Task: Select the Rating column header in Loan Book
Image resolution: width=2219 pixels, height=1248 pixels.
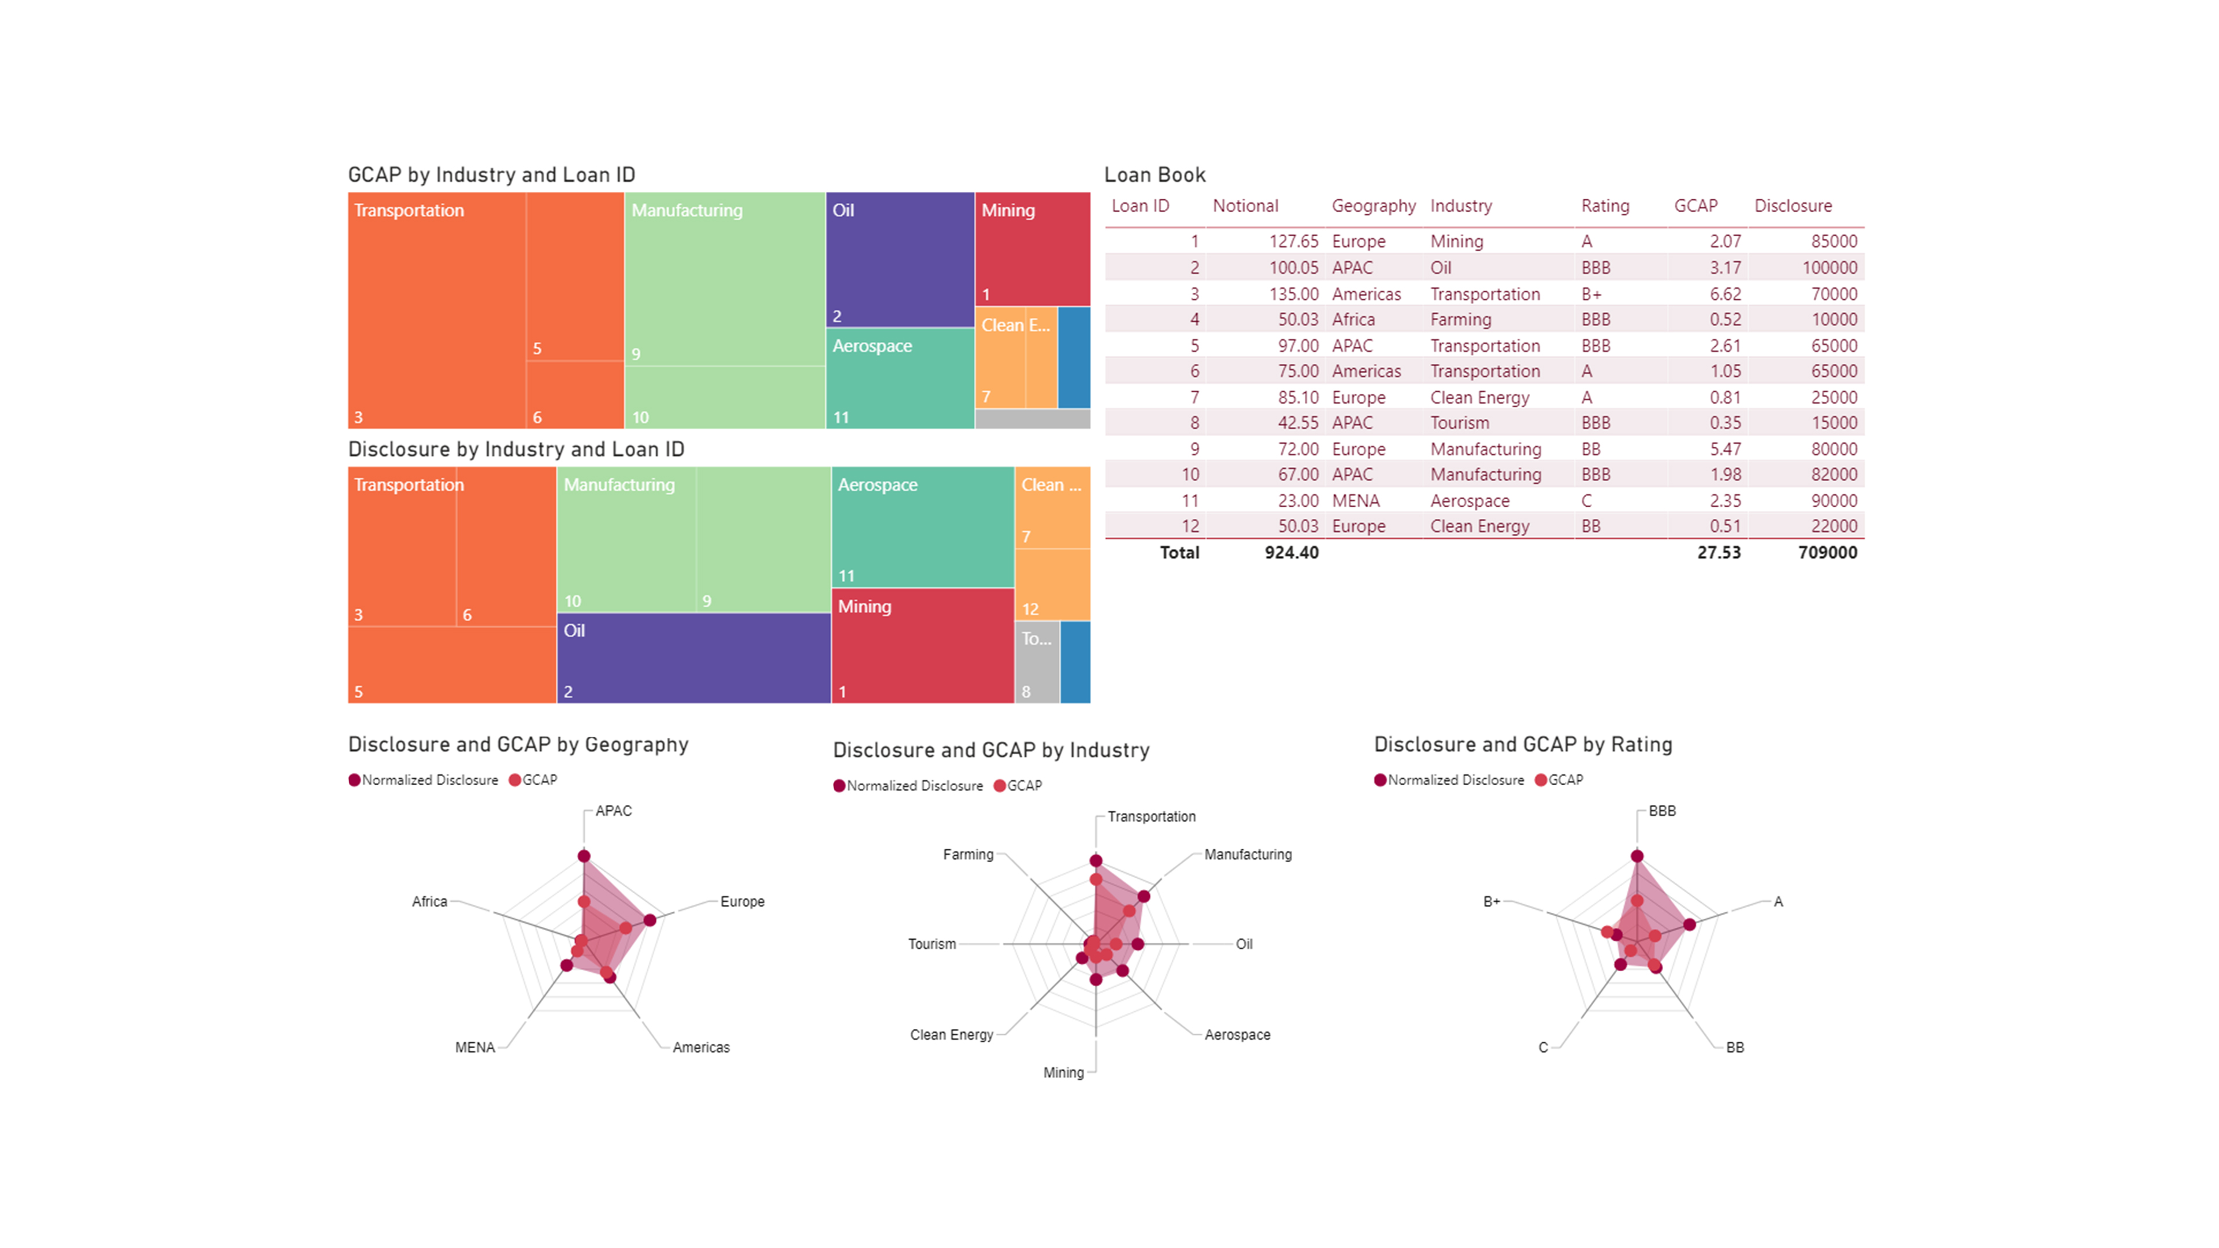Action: pyautogui.click(x=1605, y=206)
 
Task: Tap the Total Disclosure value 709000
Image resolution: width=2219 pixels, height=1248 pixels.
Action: pyautogui.click(x=1827, y=553)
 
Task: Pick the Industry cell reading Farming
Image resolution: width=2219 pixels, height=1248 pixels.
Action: pyautogui.click(x=1460, y=320)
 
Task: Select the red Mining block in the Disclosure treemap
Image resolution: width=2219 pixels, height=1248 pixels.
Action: pyautogui.click(x=922, y=646)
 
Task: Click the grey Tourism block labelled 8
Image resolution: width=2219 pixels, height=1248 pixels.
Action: pyautogui.click(x=1036, y=663)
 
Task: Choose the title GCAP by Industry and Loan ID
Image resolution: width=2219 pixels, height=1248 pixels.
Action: pyautogui.click(x=491, y=175)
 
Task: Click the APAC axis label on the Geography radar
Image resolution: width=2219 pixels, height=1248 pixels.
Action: pyautogui.click(x=613, y=811)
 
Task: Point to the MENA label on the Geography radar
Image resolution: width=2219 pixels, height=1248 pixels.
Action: pyautogui.click(x=474, y=1048)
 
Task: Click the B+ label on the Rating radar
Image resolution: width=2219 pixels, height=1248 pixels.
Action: pyautogui.click(x=1491, y=902)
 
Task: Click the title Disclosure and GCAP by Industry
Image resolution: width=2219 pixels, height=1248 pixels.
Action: pyautogui.click(x=990, y=750)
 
